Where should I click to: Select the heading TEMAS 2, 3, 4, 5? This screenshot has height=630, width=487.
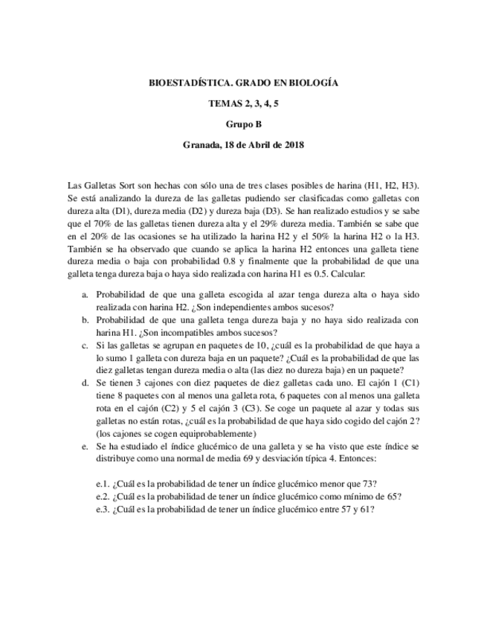243,105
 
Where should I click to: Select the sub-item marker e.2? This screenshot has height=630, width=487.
104,497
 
